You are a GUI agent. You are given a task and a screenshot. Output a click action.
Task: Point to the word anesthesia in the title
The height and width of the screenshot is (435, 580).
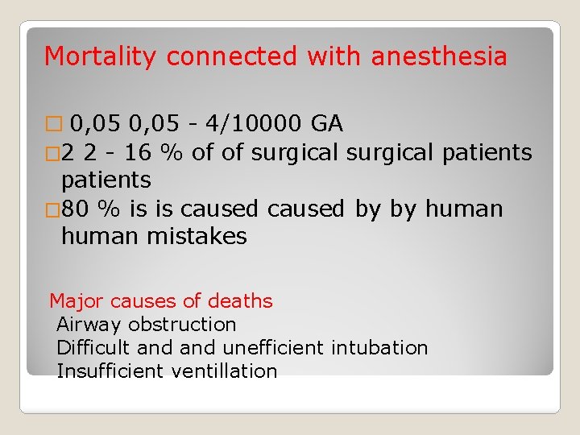[439, 57]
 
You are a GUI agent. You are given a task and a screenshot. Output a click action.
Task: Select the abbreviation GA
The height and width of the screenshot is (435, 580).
[327, 123]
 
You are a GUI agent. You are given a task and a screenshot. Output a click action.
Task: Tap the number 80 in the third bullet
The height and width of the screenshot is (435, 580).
[76, 209]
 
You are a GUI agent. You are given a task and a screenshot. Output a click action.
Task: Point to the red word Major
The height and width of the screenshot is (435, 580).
[77, 301]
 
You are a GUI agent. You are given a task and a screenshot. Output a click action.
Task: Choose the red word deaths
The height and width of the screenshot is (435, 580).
[240, 301]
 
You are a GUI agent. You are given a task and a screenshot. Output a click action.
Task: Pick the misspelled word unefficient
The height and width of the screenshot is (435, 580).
[273, 348]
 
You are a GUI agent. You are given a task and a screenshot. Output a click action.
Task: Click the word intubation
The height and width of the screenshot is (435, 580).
[379, 348]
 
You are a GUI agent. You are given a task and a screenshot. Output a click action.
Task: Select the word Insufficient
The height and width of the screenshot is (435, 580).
[110, 371]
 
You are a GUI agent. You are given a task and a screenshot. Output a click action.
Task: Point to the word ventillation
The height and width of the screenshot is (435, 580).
[224, 371]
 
